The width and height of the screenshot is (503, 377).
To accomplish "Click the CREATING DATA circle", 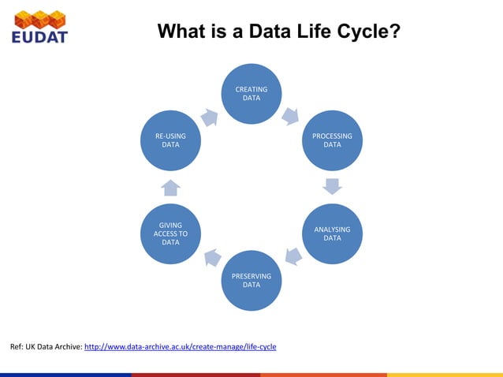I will [251, 94].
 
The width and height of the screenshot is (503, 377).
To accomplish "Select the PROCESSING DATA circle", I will [332, 140].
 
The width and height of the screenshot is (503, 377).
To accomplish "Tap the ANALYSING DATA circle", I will [332, 233].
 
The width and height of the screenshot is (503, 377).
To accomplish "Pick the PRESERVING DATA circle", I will [251, 280].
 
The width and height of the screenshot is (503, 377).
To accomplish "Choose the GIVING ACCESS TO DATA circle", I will [170, 233].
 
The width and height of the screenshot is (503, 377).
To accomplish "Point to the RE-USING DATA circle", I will [170, 140].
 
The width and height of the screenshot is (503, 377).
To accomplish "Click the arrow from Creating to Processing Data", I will [290, 116].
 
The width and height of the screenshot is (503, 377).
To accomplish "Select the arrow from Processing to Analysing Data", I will [333, 187].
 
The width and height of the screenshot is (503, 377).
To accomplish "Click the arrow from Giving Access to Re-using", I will [171, 187].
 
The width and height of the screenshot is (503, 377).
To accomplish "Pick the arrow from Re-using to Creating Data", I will [210, 117].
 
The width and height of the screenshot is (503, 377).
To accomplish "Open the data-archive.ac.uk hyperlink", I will [180, 347].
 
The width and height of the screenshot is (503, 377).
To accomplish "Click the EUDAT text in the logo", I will [39, 36].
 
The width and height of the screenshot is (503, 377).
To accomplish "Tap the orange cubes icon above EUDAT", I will [39, 18].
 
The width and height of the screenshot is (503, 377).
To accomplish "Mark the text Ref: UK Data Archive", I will [45, 347].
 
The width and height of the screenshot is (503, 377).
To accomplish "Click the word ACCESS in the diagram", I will [170, 233].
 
